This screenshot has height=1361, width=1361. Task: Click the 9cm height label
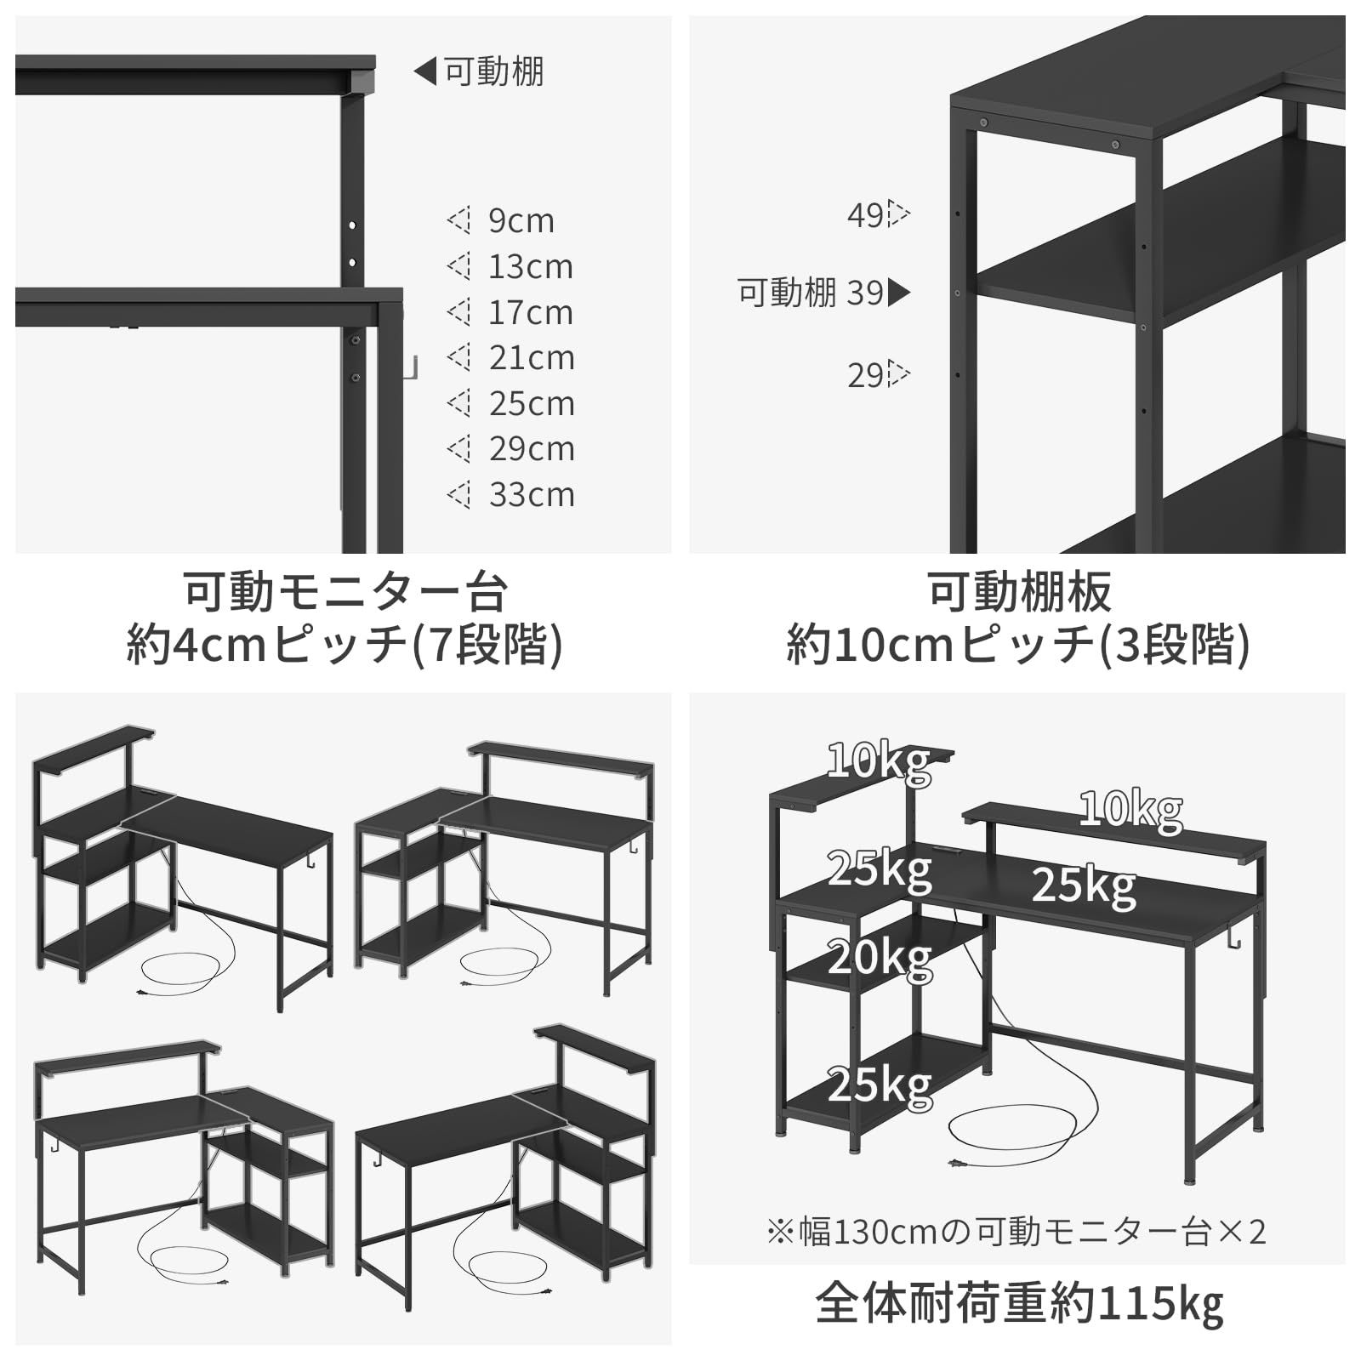tap(521, 221)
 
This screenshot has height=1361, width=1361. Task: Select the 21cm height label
tap(532, 358)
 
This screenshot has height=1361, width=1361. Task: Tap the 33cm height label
tap(532, 495)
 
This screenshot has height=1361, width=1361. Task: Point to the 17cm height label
tap(530, 313)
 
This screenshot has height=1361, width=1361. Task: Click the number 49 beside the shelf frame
tap(865, 215)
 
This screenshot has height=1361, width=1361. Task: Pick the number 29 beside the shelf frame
tap(865, 375)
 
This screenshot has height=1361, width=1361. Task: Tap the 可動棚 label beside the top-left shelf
tap(493, 71)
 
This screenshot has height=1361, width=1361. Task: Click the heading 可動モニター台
tap(345, 592)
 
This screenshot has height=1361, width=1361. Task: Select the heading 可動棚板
tap(1018, 592)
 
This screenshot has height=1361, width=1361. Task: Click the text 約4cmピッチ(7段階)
tap(345, 644)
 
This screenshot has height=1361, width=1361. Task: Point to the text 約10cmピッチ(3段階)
tap(1018, 644)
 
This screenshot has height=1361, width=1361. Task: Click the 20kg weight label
tap(880, 959)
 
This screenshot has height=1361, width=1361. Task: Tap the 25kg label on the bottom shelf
tap(880, 1085)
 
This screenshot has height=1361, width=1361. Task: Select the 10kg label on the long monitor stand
tap(1130, 809)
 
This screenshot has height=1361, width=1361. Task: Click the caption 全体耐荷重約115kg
tap(1018, 1303)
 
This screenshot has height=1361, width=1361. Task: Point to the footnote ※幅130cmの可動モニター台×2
tap(1016, 1231)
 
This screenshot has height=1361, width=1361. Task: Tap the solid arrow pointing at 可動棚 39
tap(899, 293)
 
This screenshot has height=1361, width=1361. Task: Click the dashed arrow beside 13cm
tap(458, 267)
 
